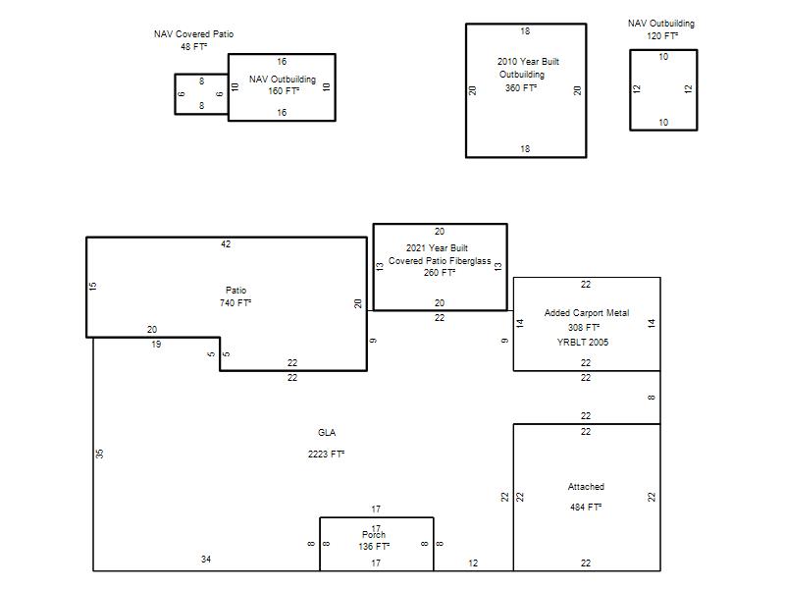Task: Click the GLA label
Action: [327, 433]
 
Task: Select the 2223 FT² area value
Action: [326, 455]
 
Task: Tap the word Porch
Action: [374, 535]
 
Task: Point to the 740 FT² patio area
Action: [235, 303]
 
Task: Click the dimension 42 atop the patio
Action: [226, 244]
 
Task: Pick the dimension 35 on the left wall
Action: [100, 454]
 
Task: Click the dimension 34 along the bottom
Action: [206, 560]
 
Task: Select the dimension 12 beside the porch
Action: [473, 563]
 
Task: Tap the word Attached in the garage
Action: [586, 487]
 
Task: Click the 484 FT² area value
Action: [585, 508]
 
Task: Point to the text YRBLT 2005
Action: [583, 343]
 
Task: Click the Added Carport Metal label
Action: [587, 313]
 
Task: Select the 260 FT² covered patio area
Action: [439, 273]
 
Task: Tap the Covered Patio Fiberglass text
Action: [440, 261]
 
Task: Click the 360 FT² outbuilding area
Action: [521, 87]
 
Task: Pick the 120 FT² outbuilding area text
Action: [662, 36]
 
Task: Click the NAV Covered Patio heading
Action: [193, 34]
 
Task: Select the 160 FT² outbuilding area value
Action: [284, 91]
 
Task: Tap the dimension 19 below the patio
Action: [156, 345]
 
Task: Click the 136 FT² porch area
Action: [374, 547]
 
